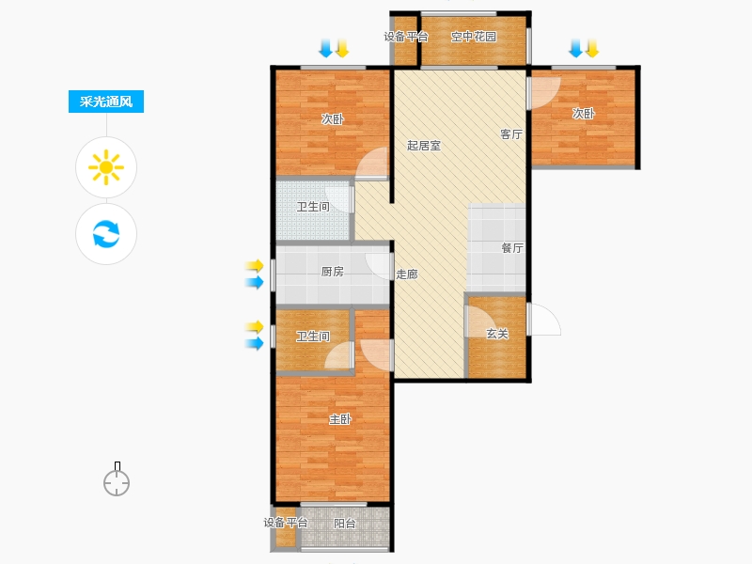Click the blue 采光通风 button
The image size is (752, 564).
click(x=106, y=102)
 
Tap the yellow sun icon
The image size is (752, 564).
click(x=106, y=167)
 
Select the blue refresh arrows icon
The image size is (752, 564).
click(x=106, y=233)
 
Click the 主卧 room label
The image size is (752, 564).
click(x=340, y=419)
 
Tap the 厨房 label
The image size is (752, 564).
click(x=333, y=272)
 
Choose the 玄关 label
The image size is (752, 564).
click(x=497, y=334)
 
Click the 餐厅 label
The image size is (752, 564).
click(x=512, y=248)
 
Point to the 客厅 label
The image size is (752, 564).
click(x=511, y=134)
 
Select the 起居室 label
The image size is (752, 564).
click(x=424, y=146)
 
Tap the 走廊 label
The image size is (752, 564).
click(x=407, y=274)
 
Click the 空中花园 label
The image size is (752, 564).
click(x=474, y=37)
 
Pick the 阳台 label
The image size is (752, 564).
click(x=345, y=524)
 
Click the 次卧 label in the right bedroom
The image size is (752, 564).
click(x=584, y=114)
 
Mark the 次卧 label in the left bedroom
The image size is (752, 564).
click(x=333, y=119)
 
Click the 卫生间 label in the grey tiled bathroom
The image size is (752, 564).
click(x=313, y=207)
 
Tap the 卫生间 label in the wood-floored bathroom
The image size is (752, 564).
click(x=313, y=337)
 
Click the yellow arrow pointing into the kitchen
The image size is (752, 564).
click(x=255, y=265)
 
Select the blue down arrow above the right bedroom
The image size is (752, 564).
click(x=575, y=49)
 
